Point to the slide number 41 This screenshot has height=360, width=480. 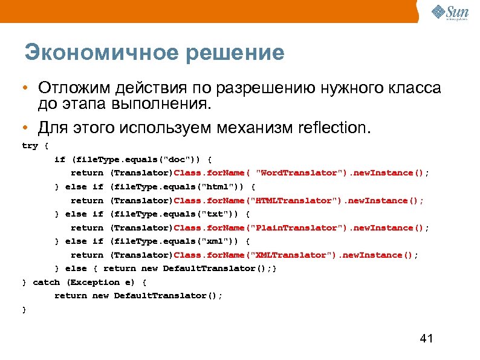click(x=426, y=338)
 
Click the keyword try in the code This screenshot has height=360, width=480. click(x=29, y=146)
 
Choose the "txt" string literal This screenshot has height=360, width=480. click(x=218, y=214)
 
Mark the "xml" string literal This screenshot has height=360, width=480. click(x=218, y=241)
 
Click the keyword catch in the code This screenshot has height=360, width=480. click(x=46, y=282)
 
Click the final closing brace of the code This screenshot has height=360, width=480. click(x=24, y=309)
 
